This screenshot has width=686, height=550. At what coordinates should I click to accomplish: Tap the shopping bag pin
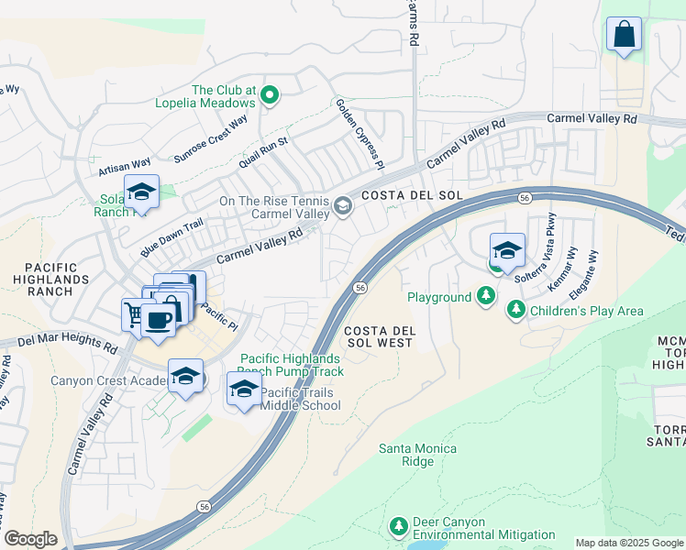click(x=624, y=36)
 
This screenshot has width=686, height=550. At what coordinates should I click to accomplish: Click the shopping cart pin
click(x=134, y=314)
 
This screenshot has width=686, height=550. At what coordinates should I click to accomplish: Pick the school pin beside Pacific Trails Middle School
click(x=243, y=389)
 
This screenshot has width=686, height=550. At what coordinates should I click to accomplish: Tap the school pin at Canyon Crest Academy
click(x=185, y=377)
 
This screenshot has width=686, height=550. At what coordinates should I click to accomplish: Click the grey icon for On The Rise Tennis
click(x=342, y=206)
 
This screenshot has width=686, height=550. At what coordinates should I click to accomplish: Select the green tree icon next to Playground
click(x=485, y=296)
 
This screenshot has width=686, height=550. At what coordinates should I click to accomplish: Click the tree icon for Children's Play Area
click(x=516, y=311)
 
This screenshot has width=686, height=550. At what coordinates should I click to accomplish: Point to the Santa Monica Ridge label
click(x=418, y=455)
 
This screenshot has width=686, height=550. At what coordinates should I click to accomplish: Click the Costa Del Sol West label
click(x=377, y=335)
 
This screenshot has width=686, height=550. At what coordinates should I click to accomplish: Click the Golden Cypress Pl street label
click(x=359, y=134)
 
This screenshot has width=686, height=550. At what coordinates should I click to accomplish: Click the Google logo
click(x=30, y=539)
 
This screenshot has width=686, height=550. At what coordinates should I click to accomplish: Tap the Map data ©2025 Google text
click(x=629, y=543)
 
